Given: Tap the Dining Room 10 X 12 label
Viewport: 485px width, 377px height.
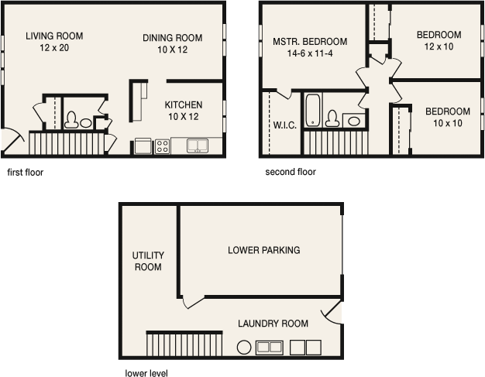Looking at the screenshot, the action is (x=172, y=43).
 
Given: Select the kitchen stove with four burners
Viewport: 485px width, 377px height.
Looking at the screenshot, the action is (x=163, y=146).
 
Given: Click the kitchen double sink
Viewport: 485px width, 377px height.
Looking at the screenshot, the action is (x=198, y=146).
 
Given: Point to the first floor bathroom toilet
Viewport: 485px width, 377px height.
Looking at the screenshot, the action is (x=71, y=120).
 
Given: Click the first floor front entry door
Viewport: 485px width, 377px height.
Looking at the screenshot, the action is (x=12, y=141).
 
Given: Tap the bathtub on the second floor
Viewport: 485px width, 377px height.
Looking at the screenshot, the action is (x=313, y=111).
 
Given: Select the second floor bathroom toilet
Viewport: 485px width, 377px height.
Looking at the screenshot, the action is (x=332, y=118).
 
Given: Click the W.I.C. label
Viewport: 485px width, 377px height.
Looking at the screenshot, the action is (x=285, y=125).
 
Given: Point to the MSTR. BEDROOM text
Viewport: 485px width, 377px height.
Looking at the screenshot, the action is (x=310, y=41).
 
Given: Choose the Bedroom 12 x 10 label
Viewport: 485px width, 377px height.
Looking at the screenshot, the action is (x=439, y=40).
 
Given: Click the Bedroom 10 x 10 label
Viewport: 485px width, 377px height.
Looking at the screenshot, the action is (x=448, y=117).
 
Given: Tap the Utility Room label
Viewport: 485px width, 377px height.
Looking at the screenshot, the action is (x=148, y=261).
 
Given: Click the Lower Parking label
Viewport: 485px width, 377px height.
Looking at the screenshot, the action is (x=264, y=250).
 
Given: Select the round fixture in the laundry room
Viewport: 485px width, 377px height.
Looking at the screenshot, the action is (x=244, y=348).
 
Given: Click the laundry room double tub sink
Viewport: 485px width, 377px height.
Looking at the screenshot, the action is (x=270, y=348).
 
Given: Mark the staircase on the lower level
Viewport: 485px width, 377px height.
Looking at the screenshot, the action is (x=184, y=344).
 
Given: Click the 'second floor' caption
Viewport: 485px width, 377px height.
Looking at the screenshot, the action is (x=291, y=172).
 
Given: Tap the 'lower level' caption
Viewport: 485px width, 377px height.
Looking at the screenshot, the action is (x=146, y=373).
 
